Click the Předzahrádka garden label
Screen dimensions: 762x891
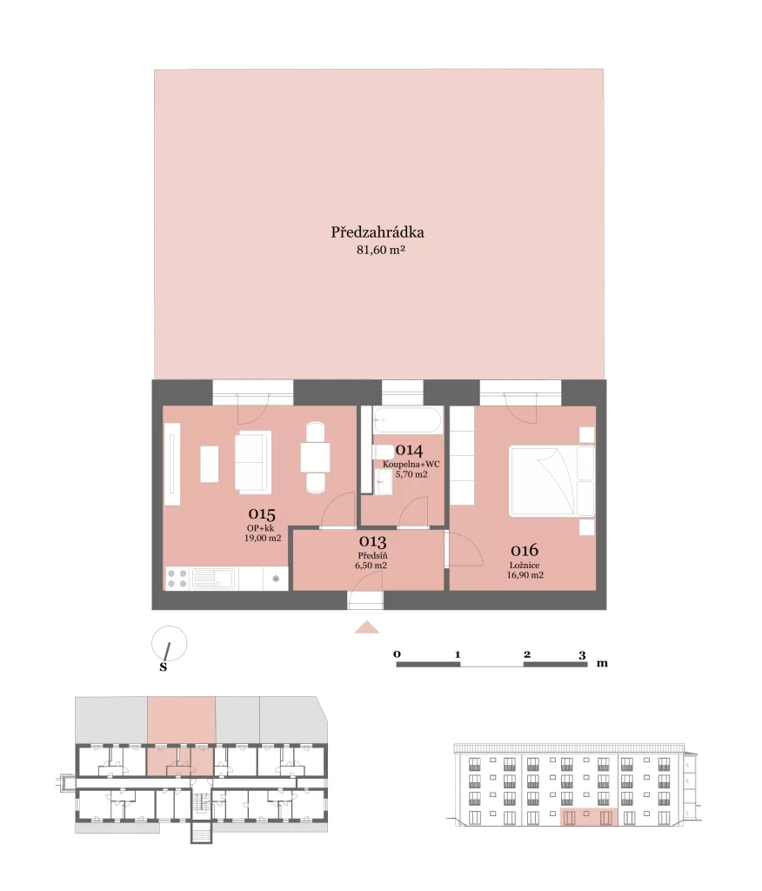tap(378, 232)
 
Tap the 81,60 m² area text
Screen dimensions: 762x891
tap(381, 250)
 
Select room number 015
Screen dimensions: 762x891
tap(261, 514)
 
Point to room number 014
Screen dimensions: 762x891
tap(409, 450)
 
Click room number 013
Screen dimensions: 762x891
tap(373, 541)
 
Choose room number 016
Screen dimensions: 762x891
tap(525, 550)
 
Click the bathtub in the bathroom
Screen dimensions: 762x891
tap(408, 421)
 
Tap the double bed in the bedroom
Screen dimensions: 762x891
tap(552, 480)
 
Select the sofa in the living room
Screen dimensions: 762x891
tap(253, 461)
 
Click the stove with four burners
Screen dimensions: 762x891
tap(177, 579)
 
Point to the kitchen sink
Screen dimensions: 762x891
tap(214, 579)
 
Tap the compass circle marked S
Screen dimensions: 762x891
tap(170, 643)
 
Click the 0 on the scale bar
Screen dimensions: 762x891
tap(398, 654)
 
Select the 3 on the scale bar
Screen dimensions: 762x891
tap(582, 655)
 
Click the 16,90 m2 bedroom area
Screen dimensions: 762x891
tap(525, 575)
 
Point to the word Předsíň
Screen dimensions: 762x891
tap(373, 556)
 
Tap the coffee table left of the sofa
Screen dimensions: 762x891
tap(209, 465)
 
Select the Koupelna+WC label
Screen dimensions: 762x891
tap(411, 465)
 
